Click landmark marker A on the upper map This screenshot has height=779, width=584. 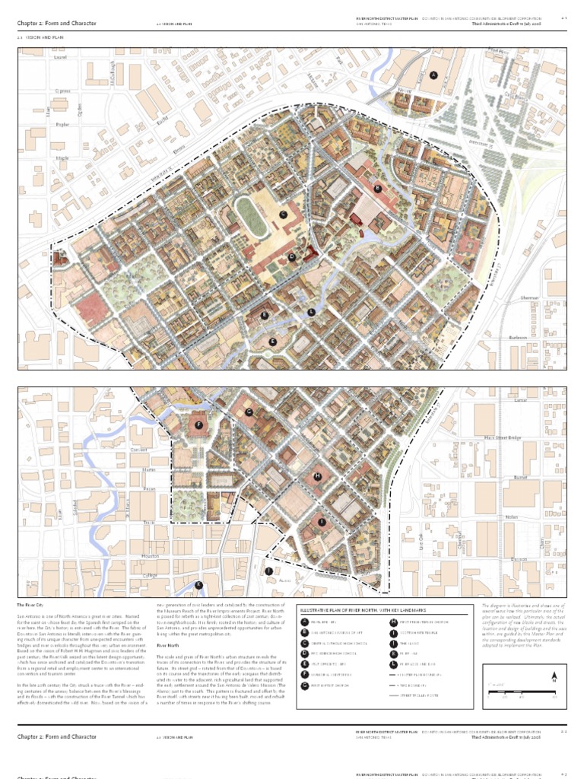coord(433,75)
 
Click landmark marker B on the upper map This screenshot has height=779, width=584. coord(377,188)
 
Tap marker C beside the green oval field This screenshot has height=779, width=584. coord(283,215)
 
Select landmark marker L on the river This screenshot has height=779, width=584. coord(311,312)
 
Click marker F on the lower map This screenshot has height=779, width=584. coord(200,425)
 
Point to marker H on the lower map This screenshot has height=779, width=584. coord(318,476)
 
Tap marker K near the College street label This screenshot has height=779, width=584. coord(198,584)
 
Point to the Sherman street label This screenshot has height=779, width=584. coord(520,300)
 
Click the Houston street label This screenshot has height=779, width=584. coord(151,556)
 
